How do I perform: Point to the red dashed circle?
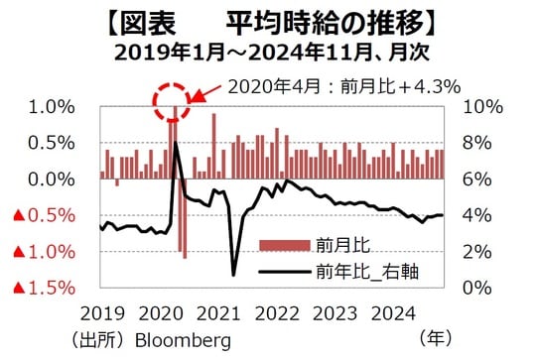175,99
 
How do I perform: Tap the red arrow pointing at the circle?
204,96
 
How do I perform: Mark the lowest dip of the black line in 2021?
233,275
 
